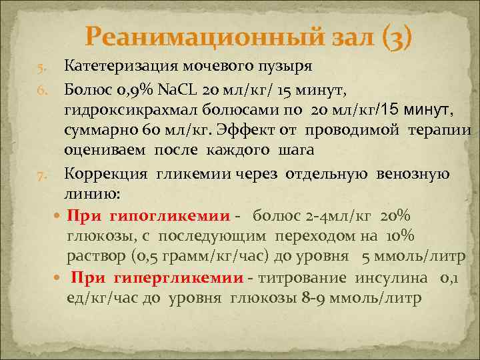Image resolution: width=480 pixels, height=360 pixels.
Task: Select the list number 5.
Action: (41, 68)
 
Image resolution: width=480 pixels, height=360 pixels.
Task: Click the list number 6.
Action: (41, 89)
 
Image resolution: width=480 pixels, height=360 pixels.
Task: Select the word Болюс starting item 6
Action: (88, 87)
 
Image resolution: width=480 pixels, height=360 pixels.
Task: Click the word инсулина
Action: (400, 277)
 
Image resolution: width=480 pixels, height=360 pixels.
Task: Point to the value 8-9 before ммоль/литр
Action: (313, 298)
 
